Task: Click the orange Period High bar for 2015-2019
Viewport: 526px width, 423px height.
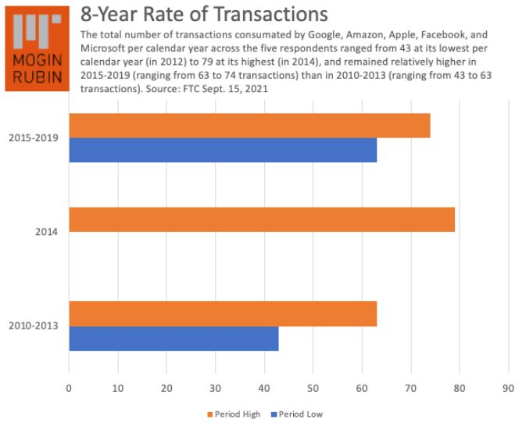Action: [x=249, y=126]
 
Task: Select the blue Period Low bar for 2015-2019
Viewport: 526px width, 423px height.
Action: [x=223, y=150]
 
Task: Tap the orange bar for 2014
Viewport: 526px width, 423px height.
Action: [x=262, y=219]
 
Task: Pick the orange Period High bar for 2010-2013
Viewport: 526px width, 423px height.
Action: [x=223, y=314]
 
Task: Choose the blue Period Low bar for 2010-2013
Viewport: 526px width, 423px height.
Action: [x=174, y=339]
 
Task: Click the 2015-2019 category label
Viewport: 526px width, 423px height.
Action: [x=32, y=138]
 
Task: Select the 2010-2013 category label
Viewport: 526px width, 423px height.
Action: [x=32, y=326]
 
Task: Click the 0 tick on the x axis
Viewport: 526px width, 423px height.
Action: [x=69, y=386]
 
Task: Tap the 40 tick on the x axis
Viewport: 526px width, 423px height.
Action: [x=264, y=386]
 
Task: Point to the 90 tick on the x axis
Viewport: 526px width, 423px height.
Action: [x=509, y=386]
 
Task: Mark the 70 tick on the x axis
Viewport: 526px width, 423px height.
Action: [x=411, y=386]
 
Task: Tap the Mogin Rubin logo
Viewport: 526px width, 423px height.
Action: [x=38, y=46]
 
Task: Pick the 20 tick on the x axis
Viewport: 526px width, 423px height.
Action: [x=166, y=386]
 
